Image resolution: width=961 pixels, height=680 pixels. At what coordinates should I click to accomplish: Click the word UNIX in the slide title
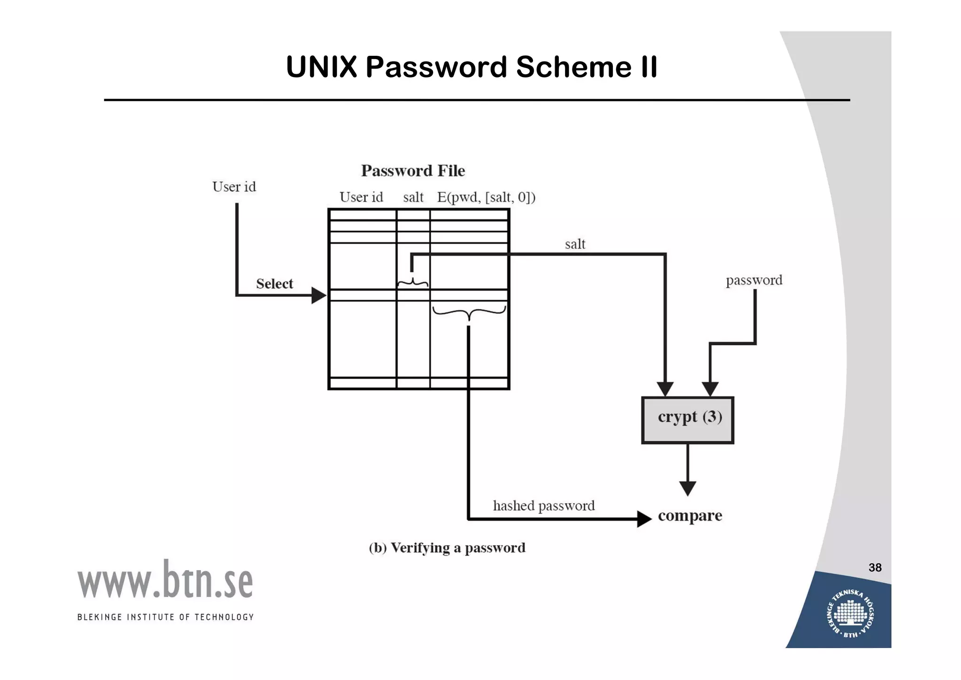click(x=321, y=67)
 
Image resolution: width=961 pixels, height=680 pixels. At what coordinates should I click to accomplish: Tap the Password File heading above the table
click(x=413, y=170)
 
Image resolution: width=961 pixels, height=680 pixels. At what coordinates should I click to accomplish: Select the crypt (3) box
click(x=687, y=420)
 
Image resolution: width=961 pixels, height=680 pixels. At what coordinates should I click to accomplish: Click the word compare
click(x=690, y=516)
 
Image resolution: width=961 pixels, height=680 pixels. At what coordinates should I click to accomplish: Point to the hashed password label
click(x=543, y=506)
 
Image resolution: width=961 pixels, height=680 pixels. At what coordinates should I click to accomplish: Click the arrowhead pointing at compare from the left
click(x=644, y=519)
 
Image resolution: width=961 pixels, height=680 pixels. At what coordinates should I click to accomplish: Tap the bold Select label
click(x=275, y=284)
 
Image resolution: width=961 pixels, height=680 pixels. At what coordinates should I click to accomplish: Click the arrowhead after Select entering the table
click(x=319, y=295)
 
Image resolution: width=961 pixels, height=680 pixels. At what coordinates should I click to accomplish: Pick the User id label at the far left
click(x=234, y=187)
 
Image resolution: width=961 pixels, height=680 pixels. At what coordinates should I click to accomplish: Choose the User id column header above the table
click(x=361, y=197)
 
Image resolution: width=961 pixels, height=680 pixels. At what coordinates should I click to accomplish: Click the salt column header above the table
click(x=413, y=197)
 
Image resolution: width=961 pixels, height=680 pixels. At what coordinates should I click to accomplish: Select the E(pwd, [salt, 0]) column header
click(x=486, y=197)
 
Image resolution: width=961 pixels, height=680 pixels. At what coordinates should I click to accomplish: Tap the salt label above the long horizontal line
click(x=575, y=244)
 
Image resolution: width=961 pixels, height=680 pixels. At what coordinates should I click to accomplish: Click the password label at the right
click(x=754, y=280)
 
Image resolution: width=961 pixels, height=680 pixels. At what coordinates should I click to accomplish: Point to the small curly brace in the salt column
click(x=412, y=283)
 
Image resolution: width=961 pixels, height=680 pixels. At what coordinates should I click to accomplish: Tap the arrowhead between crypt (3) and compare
click(x=687, y=488)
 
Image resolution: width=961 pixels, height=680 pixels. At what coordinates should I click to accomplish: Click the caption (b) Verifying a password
click(x=447, y=548)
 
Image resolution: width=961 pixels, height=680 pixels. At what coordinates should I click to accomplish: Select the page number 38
click(x=875, y=568)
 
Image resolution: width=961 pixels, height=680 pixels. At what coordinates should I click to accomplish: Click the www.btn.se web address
click(x=165, y=581)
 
